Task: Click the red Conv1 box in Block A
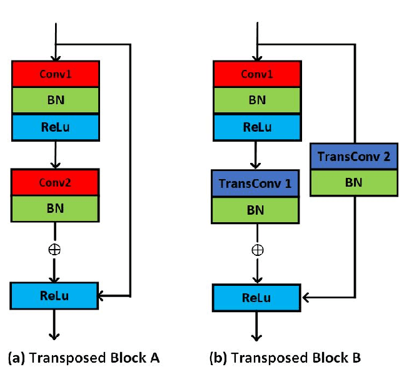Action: [x=56, y=74]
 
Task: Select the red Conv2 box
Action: [x=56, y=182]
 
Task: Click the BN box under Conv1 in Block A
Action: [x=56, y=100]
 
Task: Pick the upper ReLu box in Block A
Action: [x=56, y=127]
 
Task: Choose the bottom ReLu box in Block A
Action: [x=54, y=296]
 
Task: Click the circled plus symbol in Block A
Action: [x=56, y=250]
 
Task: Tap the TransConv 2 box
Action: [x=353, y=156]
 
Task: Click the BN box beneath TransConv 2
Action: [x=353, y=182]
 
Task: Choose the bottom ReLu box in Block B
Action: [x=257, y=297]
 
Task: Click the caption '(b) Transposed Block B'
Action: [x=285, y=357]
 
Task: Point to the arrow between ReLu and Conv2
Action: [x=56, y=154]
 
